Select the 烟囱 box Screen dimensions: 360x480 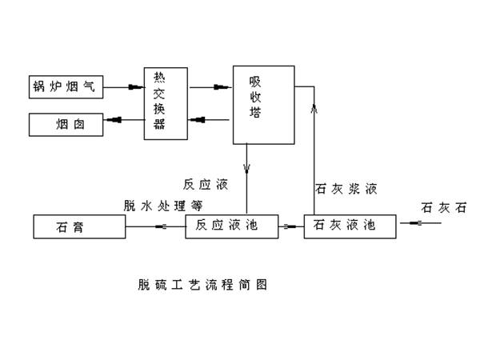click(66, 124)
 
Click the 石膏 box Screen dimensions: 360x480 click(79, 226)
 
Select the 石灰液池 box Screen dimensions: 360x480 click(350, 226)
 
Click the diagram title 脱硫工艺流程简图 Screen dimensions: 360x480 click(201, 284)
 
